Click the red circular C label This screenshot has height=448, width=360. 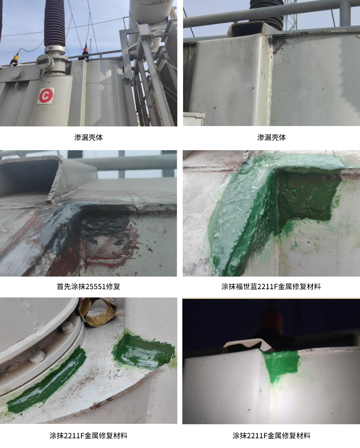tap(46, 95)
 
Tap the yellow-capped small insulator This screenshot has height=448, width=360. tap(15, 59)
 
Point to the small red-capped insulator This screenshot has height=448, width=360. tap(86, 51)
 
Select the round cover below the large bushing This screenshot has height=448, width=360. tap(44, 62)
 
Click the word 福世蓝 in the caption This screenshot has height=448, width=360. tap(246, 286)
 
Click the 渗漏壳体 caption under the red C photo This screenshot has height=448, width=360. tap(88, 138)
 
